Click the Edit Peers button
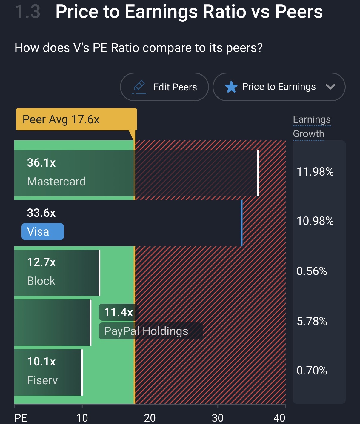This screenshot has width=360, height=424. [x=164, y=87]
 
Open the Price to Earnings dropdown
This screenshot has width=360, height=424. [x=279, y=87]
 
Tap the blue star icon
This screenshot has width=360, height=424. [x=231, y=87]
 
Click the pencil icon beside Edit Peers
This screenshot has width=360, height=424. [x=139, y=86]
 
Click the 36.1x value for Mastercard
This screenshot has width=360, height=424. [x=41, y=163]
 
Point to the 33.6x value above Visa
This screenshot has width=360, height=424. [x=41, y=213]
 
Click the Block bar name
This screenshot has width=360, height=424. [x=41, y=281]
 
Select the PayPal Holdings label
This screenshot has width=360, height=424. [x=146, y=331]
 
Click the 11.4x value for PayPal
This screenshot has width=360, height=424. [x=118, y=312]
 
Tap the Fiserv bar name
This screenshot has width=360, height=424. [x=42, y=380]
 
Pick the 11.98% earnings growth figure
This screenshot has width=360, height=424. [x=315, y=172]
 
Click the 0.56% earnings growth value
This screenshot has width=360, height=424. [x=312, y=271]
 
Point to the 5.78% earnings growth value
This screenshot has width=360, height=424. [x=312, y=321]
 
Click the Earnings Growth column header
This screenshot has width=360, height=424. [x=311, y=127]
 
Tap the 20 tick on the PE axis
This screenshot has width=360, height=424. [x=150, y=418]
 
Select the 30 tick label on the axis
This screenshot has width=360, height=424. [x=218, y=418]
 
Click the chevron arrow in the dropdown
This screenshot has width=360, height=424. [x=330, y=87]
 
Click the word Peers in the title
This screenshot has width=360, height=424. [x=299, y=12]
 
